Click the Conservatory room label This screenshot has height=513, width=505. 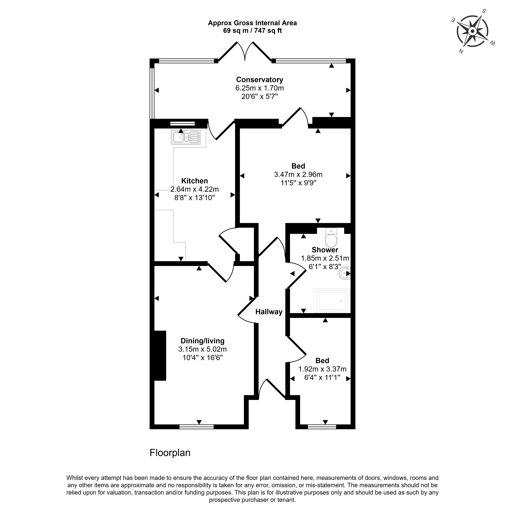click(x=260, y=80)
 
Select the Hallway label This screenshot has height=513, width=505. click(x=269, y=312)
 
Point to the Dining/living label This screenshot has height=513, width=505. click(x=203, y=341)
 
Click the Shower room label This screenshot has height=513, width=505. click(x=325, y=250)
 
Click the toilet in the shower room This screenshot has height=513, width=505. click(x=331, y=238)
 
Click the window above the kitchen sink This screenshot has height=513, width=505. click(x=182, y=123)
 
